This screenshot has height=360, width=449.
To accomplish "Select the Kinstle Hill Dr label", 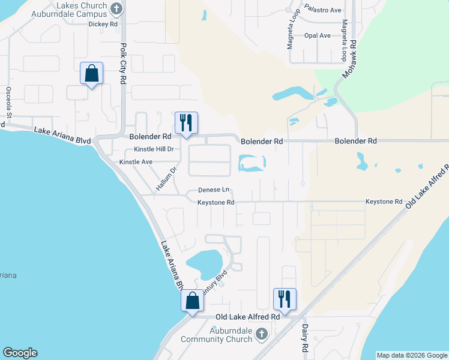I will (153, 149).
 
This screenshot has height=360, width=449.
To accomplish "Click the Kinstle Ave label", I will (136, 162).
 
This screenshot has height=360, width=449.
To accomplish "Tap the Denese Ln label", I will (214, 190).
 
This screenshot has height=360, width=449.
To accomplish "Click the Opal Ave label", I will (317, 35).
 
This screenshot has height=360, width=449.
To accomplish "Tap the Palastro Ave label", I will (322, 10).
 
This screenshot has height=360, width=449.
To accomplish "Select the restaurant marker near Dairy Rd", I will (285, 298).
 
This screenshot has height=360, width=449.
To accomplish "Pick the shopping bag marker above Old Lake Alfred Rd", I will (193, 300).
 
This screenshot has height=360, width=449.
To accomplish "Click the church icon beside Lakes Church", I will (117, 8).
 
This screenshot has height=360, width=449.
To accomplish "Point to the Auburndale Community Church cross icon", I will (261, 333).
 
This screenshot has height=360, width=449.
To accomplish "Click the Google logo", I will (20, 353).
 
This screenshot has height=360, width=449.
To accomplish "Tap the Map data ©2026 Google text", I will (412, 355).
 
